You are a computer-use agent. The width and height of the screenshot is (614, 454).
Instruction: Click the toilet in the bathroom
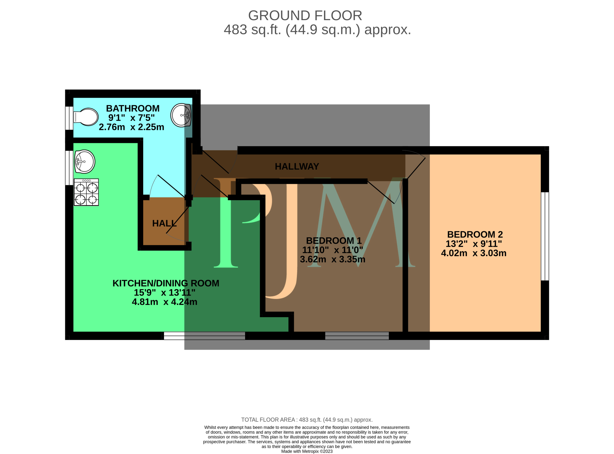pyautogui.click(x=86, y=117)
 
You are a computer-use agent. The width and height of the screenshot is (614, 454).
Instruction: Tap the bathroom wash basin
pyautogui.click(x=181, y=115)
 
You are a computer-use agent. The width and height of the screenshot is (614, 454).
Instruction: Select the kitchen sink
pyautogui.click(x=85, y=162)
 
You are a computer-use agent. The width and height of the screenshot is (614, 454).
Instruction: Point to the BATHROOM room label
pyautogui.click(x=133, y=109)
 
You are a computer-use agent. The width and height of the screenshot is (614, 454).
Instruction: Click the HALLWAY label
pyautogui.click(x=297, y=167)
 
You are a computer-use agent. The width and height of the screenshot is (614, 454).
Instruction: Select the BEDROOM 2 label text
pyautogui.click(x=475, y=234)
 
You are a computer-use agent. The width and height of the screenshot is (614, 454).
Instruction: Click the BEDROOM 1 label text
pyautogui.click(x=334, y=241)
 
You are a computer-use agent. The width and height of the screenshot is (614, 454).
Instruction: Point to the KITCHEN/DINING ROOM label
pyautogui.click(x=166, y=283)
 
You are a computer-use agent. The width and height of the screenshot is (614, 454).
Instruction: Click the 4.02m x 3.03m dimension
pyautogui.click(x=473, y=253)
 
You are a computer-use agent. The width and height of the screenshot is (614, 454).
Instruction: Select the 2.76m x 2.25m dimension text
pyautogui.click(x=131, y=127)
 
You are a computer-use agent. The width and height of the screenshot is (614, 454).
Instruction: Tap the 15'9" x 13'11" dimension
pyautogui.click(x=165, y=293)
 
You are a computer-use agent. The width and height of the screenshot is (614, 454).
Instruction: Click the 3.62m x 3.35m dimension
pyautogui.click(x=332, y=259)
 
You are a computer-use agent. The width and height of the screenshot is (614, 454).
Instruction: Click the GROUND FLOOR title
pyautogui.click(x=305, y=16)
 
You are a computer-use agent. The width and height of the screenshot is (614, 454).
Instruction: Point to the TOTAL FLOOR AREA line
pyautogui.click(x=307, y=420)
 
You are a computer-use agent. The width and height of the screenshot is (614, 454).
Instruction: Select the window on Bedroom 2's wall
pyautogui.click(x=545, y=236)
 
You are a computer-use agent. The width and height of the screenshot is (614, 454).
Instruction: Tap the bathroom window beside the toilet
pyautogui.click(x=69, y=118)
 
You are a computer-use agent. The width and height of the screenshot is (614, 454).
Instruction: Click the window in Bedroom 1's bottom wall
pyautogui.click(x=357, y=336)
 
